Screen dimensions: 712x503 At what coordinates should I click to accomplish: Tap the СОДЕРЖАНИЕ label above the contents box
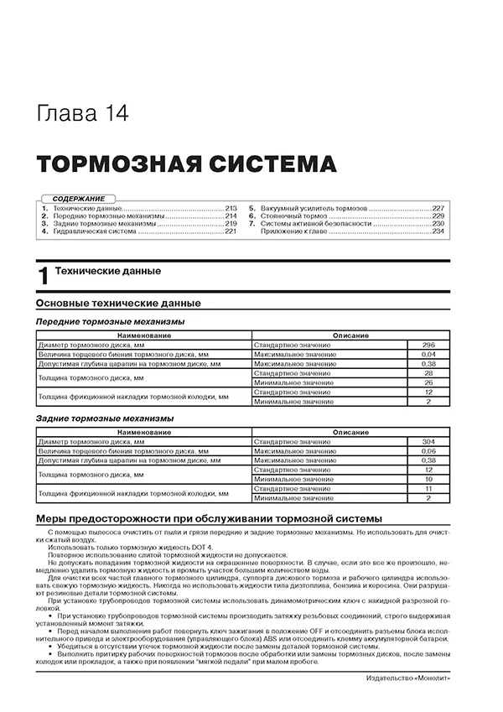coord(78,198)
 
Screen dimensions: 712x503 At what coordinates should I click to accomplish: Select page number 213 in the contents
coord(231,207)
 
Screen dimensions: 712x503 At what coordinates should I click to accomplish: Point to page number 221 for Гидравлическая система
coord(231,231)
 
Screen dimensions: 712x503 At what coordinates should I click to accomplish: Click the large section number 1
coord(44,277)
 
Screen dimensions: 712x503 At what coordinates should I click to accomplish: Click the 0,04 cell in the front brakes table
coord(428,355)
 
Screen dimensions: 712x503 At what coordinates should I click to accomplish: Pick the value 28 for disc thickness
coord(428,373)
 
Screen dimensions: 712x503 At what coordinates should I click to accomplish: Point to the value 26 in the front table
coord(428,382)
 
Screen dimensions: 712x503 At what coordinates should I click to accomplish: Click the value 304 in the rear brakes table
coord(428,442)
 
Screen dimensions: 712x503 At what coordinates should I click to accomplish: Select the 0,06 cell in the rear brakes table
coord(428,451)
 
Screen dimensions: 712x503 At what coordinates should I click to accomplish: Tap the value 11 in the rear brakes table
coord(428,489)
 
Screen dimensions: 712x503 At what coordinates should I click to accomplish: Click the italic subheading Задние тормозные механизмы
coord(105,418)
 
